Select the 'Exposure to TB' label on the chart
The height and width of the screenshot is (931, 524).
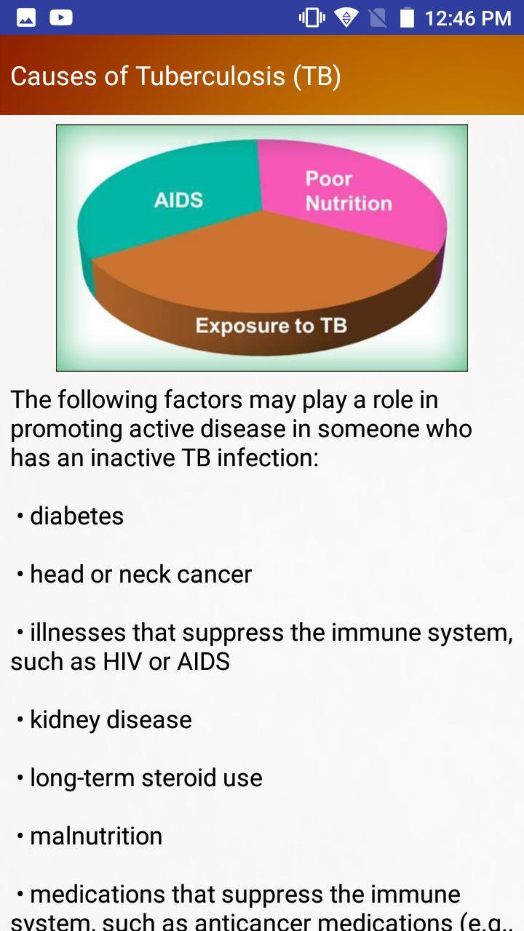tap(271, 325)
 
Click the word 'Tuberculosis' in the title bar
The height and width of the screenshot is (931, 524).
tap(210, 76)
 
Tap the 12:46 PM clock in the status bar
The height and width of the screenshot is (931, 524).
tap(467, 17)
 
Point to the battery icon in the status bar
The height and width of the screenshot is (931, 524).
tap(407, 17)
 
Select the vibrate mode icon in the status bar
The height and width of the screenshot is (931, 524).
tap(312, 17)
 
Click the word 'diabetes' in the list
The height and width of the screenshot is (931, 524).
tap(76, 516)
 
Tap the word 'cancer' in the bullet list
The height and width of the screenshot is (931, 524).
tap(214, 575)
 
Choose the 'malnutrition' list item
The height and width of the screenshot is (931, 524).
tap(96, 836)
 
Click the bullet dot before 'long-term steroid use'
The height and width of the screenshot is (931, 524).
tap(20, 779)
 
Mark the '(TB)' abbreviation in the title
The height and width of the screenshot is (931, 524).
tap(317, 76)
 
